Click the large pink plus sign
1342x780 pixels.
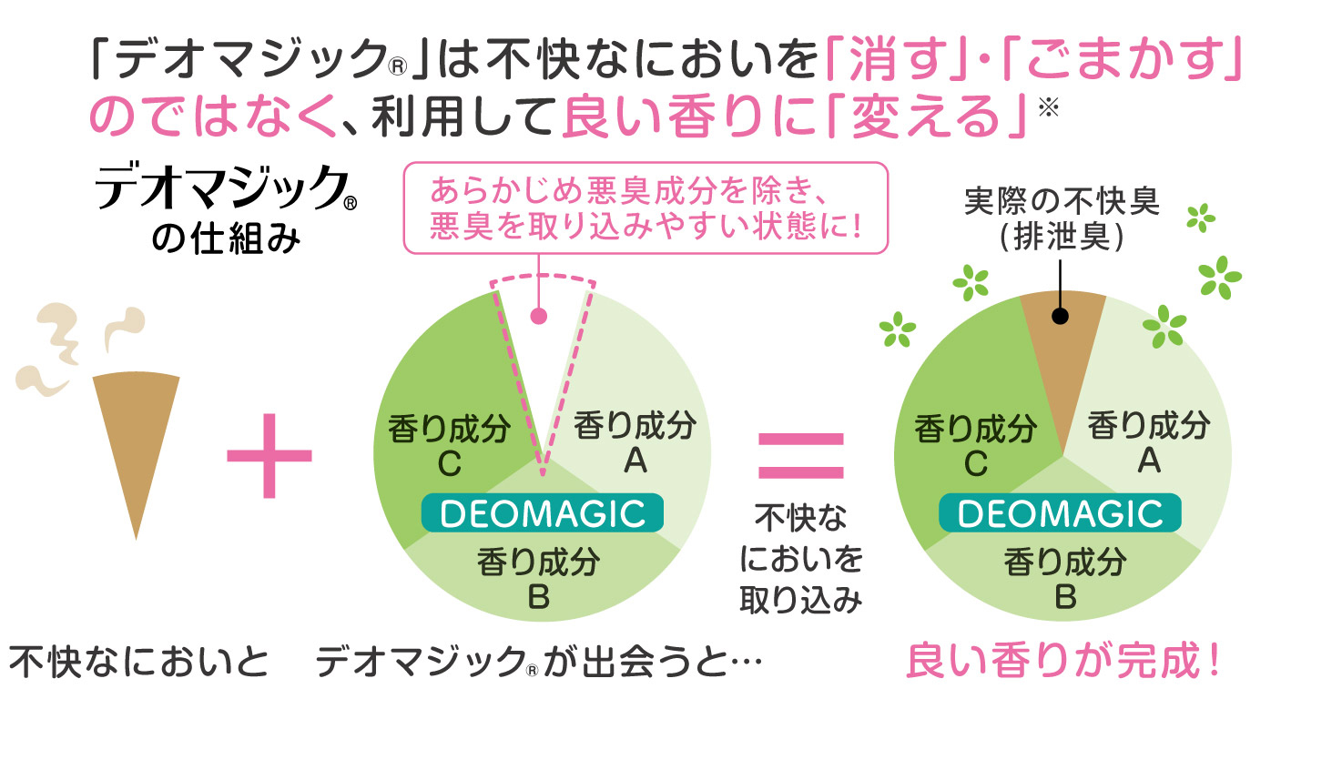click(x=269, y=455)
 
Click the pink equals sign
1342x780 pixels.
click(x=801, y=455)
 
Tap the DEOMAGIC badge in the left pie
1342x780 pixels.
click(x=543, y=513)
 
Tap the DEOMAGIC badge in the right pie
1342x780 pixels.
click(x=1061, y=513)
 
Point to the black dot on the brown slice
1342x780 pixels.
click(x=1060, y=317)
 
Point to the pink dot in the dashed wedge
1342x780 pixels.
click(x=539, y=316)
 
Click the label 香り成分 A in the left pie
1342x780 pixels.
click(x=635, y=442)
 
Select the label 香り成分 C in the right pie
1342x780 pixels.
click(x=975, y=445)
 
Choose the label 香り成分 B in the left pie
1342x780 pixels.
click(x=539, y=578)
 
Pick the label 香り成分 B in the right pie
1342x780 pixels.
click(x=1065, y=578)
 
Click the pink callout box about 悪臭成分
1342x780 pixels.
click(x=645, y=208)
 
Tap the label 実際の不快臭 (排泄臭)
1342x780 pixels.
click(x=1062, y=218)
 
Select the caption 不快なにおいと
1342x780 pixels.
click(x=139, y=662)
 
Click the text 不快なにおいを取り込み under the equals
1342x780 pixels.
click(x=801, y=559)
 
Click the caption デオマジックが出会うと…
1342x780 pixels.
click(x=537, y=662)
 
